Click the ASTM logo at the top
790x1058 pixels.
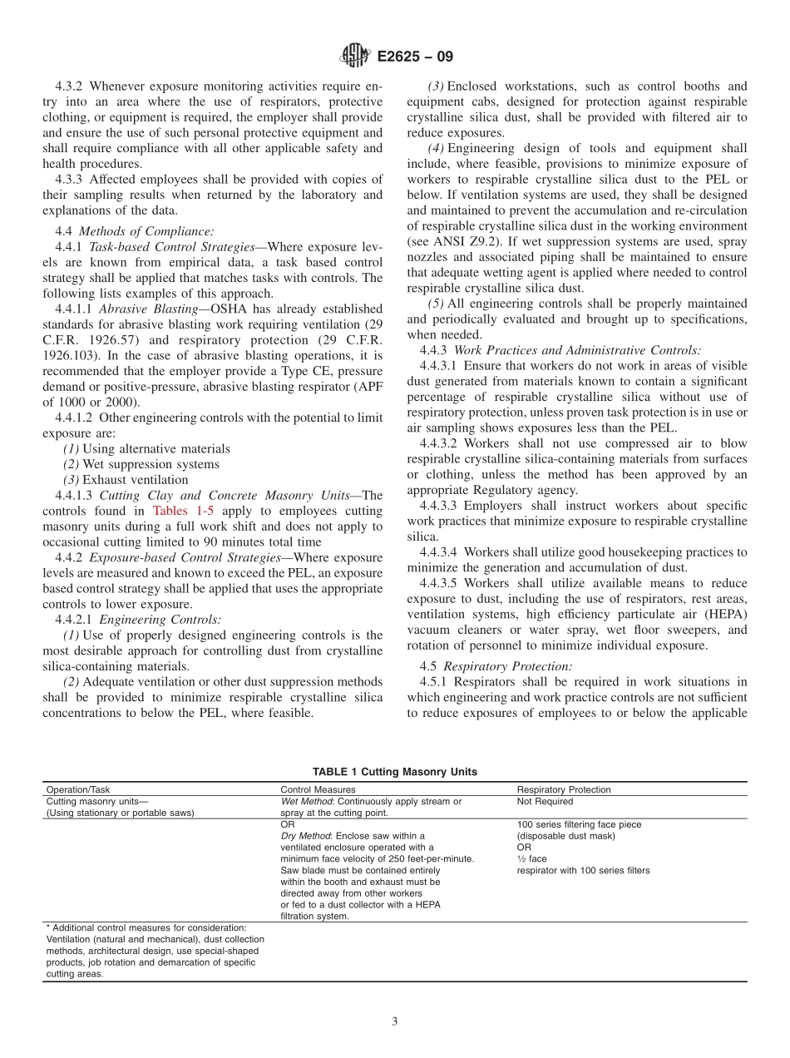click(355, 57)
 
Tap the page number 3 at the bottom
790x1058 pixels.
click(395, 1021)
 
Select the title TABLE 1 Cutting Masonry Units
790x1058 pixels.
click(395, 772)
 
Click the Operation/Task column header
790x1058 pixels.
click(78, 789)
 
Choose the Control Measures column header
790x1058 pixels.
click(318, 789)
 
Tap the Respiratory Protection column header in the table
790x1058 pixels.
click(564, 789)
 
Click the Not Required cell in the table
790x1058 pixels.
click(545, 802)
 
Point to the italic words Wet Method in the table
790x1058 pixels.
click(307, 802)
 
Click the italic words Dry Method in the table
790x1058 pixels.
click(306, 836)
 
